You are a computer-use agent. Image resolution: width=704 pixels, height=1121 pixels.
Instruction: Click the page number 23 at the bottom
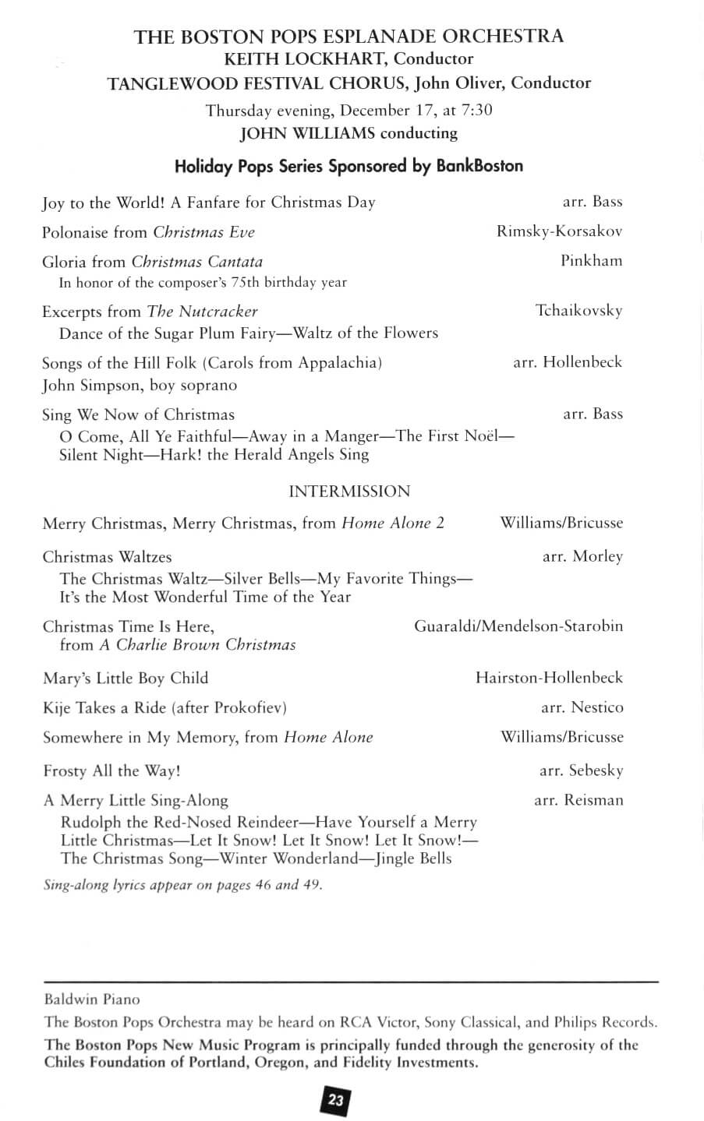click(335, 1100)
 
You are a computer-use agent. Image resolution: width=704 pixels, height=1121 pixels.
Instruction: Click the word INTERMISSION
click(349, 492)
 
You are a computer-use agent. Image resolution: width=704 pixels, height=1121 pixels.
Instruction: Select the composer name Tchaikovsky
click(579, 311)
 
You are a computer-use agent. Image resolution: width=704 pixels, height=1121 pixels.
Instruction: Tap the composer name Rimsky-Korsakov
click(559, 231)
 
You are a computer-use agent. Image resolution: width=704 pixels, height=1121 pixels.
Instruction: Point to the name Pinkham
click(591, 261)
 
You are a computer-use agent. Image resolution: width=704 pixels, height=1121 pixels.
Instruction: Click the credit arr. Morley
click(582, 556)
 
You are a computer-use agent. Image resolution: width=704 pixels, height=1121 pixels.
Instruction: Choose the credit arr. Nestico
click(582, 707)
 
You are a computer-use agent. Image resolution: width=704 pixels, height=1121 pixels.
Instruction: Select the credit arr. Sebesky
click(581, 770)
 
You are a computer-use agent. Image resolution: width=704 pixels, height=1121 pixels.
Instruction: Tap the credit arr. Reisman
click(578, 800)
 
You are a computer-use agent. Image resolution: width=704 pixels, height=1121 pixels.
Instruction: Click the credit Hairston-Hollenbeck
click(549, 678)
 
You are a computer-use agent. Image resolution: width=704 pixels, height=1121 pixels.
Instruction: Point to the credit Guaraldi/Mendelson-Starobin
click(518, 626)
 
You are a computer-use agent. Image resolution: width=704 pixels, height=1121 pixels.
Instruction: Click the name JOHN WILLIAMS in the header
click(307, 133)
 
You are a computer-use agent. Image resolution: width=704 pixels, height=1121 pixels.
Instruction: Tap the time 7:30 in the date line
click(474, 110)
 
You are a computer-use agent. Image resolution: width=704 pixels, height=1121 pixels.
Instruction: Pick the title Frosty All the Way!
click(111, 770)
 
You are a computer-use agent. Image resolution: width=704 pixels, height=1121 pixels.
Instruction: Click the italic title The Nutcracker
click(202, 312)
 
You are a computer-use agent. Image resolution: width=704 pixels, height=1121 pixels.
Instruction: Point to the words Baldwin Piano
click(92, 999)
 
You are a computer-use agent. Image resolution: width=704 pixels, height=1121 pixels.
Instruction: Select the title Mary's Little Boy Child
click(126, 678)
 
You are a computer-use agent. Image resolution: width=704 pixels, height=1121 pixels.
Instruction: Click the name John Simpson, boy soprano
click(140, 385)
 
